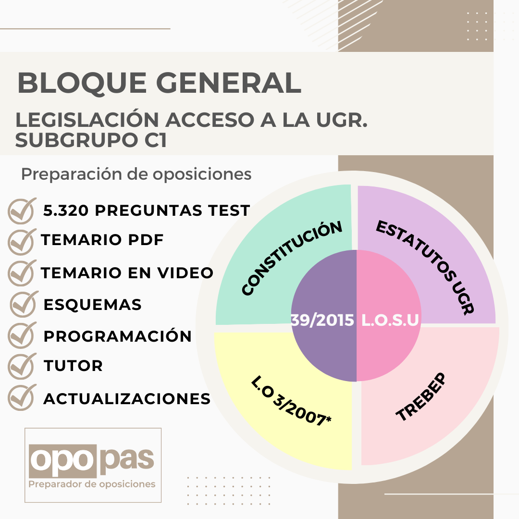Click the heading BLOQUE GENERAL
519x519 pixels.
click(159, 83)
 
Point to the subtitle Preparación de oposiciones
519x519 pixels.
click(136, 174)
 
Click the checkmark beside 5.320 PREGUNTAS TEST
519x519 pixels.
click(22, 211)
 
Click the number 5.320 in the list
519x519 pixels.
click(66, 210)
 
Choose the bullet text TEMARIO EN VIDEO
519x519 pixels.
click(127, 273)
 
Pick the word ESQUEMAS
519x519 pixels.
click(92, 305)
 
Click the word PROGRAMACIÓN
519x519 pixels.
click(118, 336)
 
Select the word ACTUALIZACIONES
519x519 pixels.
click(127, 399)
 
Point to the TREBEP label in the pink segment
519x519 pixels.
click(421, 397)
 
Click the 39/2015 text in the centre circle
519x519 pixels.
click(322, 321)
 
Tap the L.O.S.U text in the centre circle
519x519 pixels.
click(390, 321)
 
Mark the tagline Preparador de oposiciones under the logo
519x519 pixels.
click(92, 484)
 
